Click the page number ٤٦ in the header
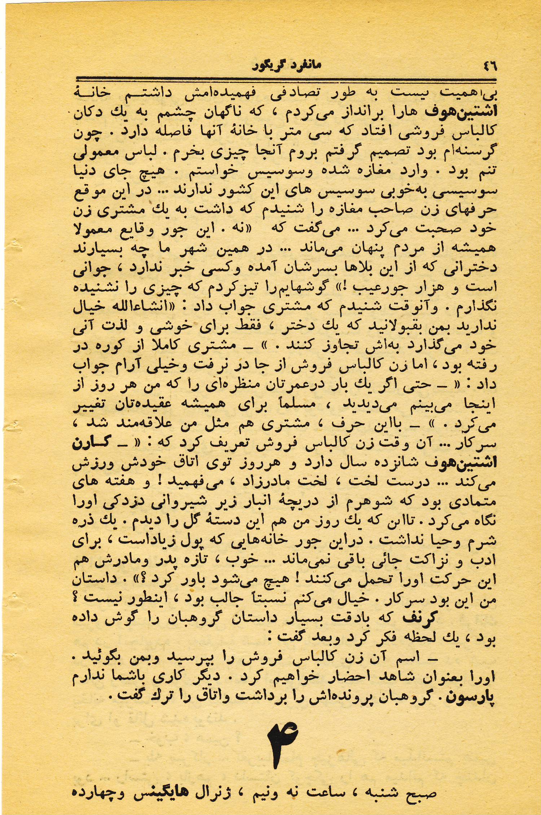pos(489,66)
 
